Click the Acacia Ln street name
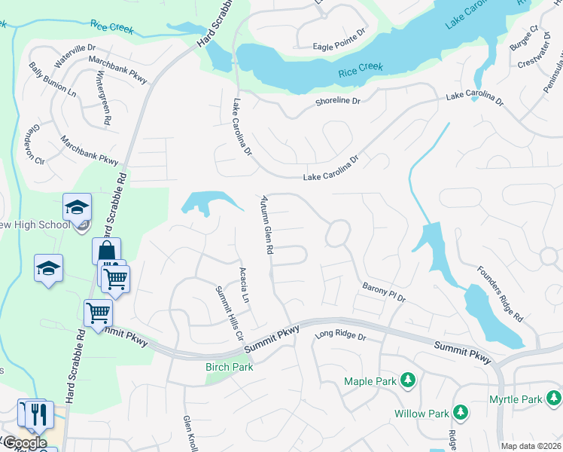244,285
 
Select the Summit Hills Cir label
230,313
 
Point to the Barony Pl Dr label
384,292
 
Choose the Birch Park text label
230,367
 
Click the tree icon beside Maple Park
408,380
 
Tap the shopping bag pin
106,251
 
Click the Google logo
25,442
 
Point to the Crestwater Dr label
535,56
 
